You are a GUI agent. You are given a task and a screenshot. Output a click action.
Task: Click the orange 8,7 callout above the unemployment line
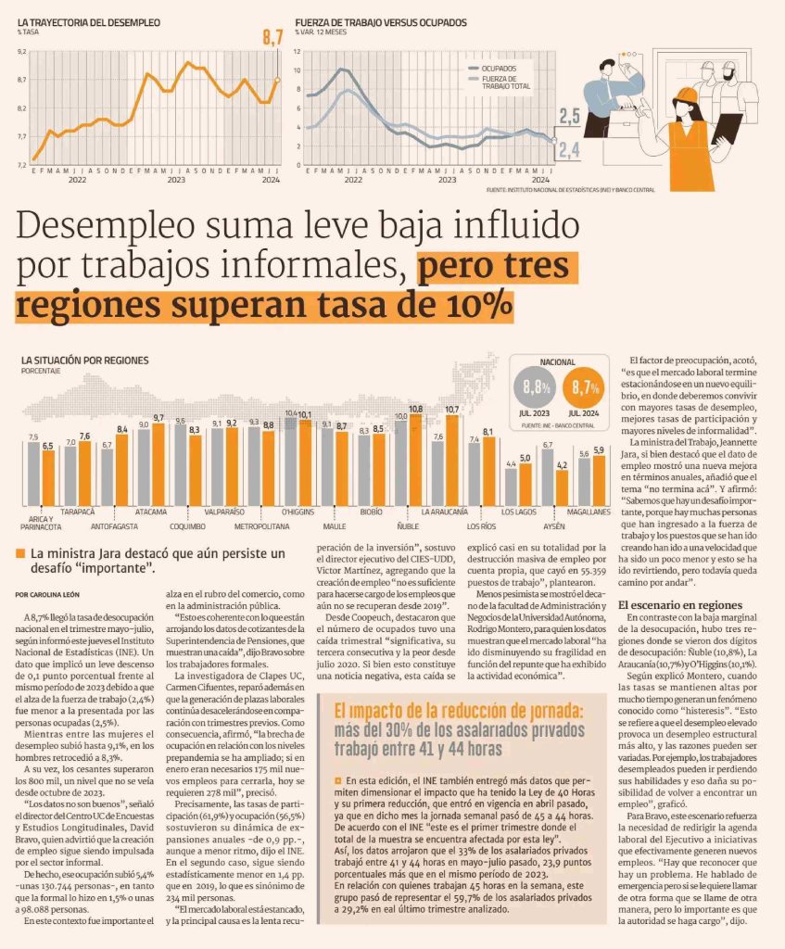272,38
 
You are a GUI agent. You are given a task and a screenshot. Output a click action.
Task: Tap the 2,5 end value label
570,116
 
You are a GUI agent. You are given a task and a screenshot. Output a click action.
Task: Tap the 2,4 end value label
570,149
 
